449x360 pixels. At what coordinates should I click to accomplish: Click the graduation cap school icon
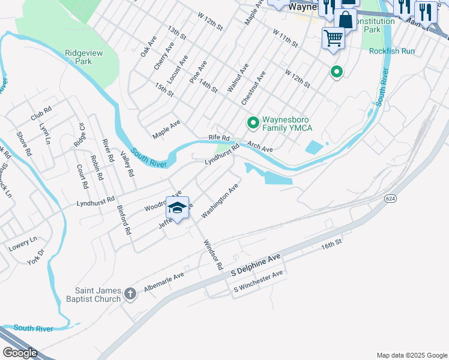[x=177, y=208]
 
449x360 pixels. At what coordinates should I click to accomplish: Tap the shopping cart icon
[x=333, y=38]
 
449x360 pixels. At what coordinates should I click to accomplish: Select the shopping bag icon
[x=346, y=19]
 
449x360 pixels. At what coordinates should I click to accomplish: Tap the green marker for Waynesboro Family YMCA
[x=253, y=123]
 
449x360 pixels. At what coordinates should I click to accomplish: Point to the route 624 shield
[x=390, y=199]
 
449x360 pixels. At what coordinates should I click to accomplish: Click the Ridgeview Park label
[x=87, y=57]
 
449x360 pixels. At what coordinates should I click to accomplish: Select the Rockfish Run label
[x=391, y=51]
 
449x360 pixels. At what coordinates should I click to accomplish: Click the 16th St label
[x=331, y=244]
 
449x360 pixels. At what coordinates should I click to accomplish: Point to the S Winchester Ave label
[x=258, y=283]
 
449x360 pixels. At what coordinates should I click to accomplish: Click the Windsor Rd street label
[x=212, y=254]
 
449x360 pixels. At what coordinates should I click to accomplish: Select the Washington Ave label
[x=220, y=201]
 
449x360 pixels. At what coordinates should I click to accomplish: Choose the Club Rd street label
[x=42, y=112]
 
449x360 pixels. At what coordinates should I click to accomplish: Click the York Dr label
[x=36, y=257]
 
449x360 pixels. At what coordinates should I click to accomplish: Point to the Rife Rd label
[x=219, y=138]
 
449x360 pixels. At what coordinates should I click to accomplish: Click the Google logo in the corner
[x=20, y=352]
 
